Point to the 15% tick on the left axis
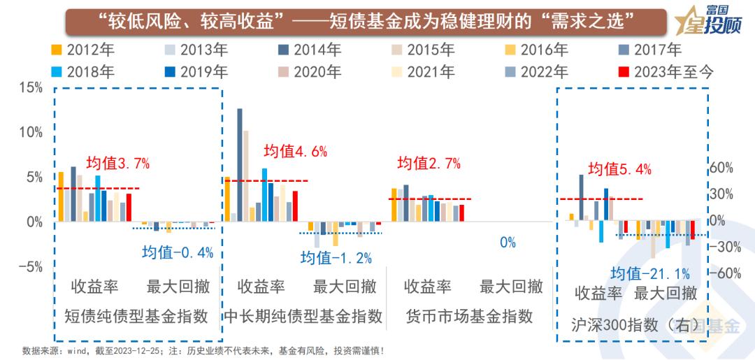pyautogui.click(x=31, y=87)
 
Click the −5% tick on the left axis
pyautogui.click(x=31, y=267)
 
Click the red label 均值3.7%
pyautogui.click(x=117, y=164)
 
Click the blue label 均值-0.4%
pyautogui.click(x=177, y=252)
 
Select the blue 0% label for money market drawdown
pyautogui.click(x=508, y=243)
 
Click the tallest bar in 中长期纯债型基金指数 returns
pyautogui.click(x=240, y=165)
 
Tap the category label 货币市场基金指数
pyautogui.click(x=469, y=316)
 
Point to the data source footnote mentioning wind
pyautogui.click(x=203, y=350)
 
